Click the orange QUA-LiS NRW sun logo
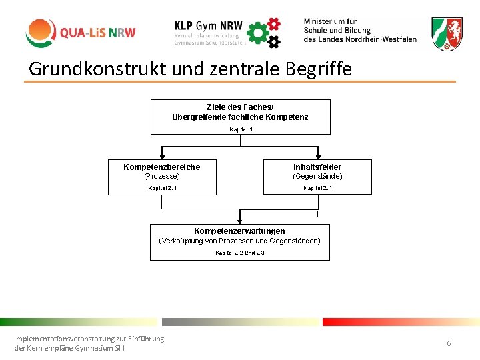tap(41, 33)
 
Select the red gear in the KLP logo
tap(273, 24)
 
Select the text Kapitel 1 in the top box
tap(241, 129)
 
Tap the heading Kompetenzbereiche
tap(162, 167)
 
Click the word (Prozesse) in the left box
tap(162, 177)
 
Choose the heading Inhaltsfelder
tap(317, 167)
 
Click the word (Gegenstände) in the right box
tap(317, 177)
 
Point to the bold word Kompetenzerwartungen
tap(239, 231)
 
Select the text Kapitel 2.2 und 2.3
tap(240, 253)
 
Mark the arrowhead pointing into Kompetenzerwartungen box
tap(240, 219)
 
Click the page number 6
tap(449, 343)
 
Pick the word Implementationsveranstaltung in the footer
tap(64, 339)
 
